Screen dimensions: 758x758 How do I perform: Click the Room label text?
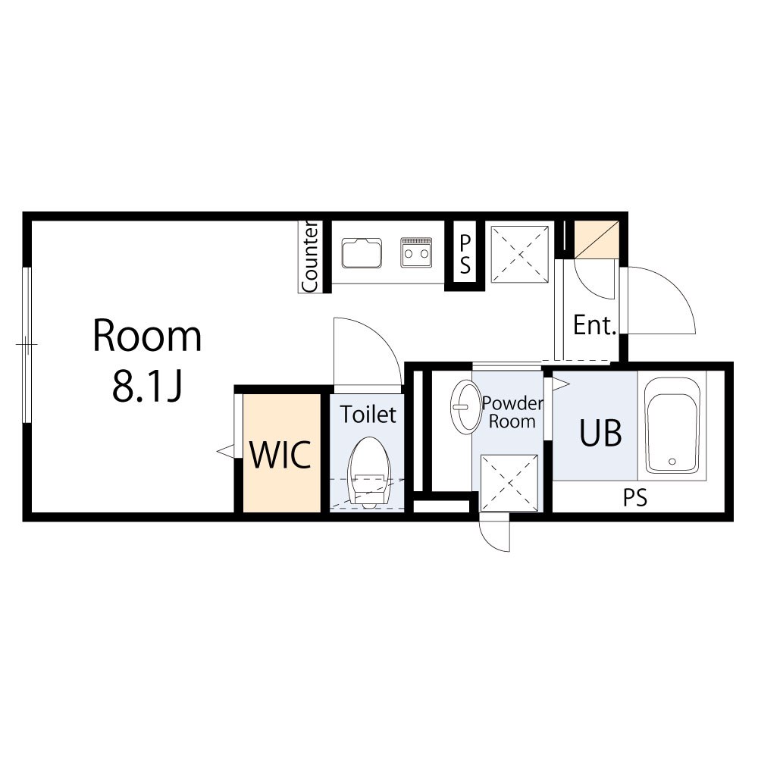click(x=147, y=336)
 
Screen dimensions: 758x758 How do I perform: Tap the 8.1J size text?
click(x=147, y=387)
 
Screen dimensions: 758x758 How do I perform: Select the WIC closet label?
click(x=280, y=455)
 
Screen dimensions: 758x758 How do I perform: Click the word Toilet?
click(x=368, y=415)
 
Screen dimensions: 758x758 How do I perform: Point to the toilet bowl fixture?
click(x=369, y=472)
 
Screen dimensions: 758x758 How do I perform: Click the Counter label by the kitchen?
click(x=310, y=257)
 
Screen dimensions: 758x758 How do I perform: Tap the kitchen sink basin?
click(x=362, y=253)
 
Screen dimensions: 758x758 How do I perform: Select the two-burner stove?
click(x=416, y=252)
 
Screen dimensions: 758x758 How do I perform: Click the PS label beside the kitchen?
click(x=465, y=254)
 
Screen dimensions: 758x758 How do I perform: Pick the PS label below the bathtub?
click(x=634, y=497)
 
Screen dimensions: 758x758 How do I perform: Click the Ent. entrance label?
click(x=594, y=325)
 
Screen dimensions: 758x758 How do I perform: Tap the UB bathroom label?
click(x=600, y=433)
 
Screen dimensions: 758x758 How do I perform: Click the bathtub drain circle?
click(x=672, y=461)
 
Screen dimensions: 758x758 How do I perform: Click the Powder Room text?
click(x=512, y=412)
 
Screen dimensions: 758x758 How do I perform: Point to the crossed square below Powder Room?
click(x=509, y=483)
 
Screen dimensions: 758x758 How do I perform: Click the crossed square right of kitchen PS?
click(x=520, y=254)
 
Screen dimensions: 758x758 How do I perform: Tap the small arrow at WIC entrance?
click(x=225, y=452)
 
